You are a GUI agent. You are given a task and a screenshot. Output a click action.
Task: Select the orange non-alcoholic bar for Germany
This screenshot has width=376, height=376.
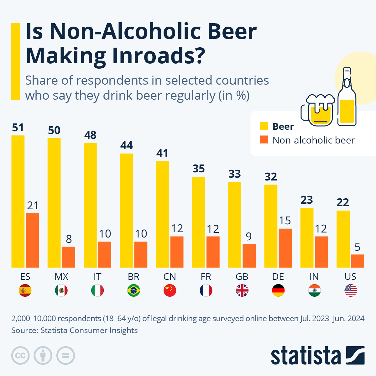(285, 248)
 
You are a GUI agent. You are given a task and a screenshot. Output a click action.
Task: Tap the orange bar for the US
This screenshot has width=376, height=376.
(358, 261)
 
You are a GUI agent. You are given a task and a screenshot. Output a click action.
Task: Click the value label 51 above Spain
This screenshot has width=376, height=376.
(18, 128)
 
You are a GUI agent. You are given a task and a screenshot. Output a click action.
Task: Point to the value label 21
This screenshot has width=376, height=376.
(33, 206)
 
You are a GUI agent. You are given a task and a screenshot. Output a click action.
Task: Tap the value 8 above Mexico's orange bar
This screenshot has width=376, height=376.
(69, 239)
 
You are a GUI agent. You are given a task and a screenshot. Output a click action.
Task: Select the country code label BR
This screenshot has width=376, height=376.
(133, 277)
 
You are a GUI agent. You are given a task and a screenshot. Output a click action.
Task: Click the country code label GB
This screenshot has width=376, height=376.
(242, 277)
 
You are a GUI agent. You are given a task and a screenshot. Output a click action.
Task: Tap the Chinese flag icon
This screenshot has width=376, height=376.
(170, 290)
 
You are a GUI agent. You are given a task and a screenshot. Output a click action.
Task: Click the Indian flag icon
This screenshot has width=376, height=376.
(314, 290)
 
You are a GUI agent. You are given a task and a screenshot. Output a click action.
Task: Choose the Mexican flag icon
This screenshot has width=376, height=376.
(61, 290)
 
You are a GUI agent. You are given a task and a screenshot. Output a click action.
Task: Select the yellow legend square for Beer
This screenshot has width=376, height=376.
(264, 126)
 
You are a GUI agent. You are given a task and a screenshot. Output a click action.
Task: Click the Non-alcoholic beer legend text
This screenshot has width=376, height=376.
(313, 140)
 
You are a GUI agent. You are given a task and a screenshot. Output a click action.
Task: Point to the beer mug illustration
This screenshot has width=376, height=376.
(317, 110)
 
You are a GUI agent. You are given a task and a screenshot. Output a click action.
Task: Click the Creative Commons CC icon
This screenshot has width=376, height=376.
(20, 356)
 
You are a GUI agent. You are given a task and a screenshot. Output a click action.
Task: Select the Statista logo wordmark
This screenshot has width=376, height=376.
(305, 356)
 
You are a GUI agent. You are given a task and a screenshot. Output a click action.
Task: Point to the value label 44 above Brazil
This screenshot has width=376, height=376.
(127, 145)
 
